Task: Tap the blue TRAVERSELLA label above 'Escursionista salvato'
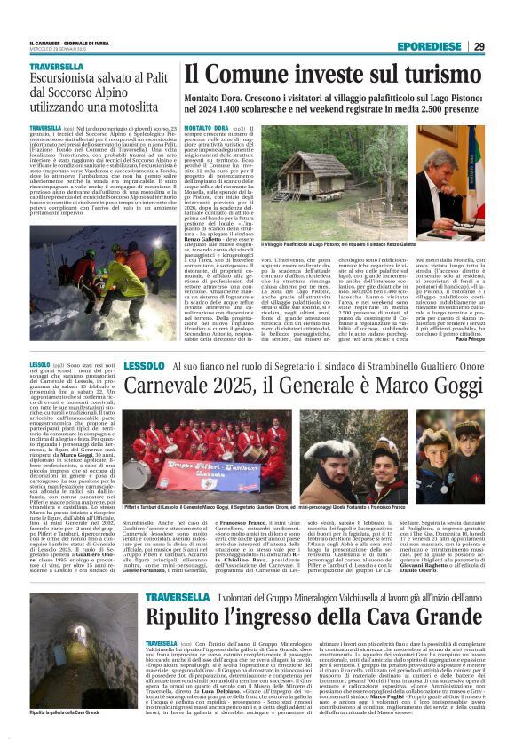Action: pyautogui.click(x=56, y=67)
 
